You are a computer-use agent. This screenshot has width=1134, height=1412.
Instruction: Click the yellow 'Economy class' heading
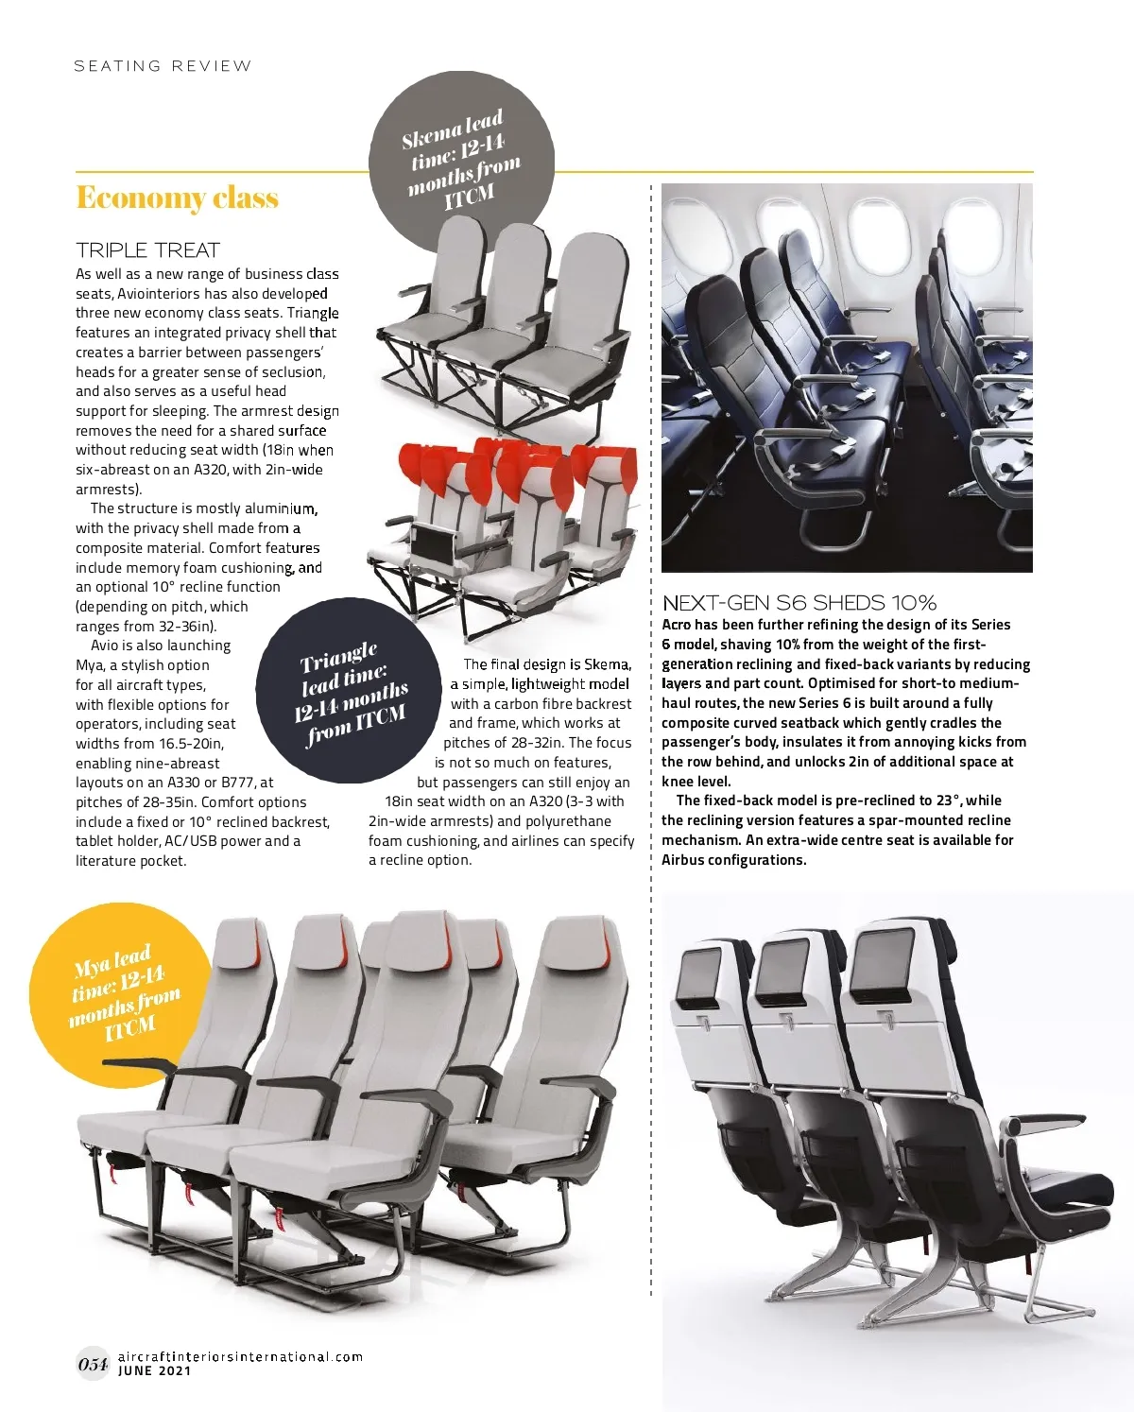click(177, 198)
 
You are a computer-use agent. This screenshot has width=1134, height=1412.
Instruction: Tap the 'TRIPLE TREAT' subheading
click(147, 250)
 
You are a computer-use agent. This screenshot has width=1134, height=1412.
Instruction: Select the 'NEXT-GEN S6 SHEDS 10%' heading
click(799, 602)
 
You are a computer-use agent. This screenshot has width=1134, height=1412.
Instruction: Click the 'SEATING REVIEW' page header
click(163, 66)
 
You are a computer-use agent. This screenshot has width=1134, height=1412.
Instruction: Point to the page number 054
click(93, 1363)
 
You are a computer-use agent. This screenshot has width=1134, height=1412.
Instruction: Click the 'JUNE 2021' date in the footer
click(154, 1371)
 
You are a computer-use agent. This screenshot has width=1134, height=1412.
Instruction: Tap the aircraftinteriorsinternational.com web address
click(240, 1356)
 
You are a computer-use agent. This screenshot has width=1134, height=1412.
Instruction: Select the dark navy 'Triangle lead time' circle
click(349, 695)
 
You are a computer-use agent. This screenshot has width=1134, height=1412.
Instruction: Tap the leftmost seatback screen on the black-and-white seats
click(700, 973)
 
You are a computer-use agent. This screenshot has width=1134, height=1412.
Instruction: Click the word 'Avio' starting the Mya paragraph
click(105, 646)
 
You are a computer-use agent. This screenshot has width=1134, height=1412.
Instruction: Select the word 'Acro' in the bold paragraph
click(677, 625)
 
